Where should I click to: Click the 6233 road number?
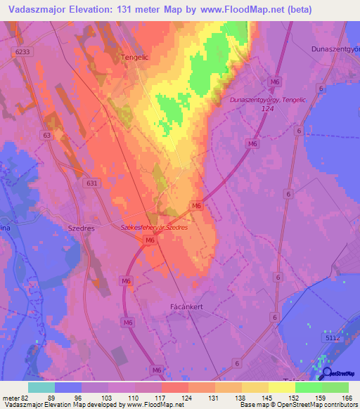22,52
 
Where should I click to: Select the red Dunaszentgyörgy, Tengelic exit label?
269,100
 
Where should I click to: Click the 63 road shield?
46,134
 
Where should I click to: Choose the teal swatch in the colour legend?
41,387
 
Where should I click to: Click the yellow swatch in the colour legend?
282,387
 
